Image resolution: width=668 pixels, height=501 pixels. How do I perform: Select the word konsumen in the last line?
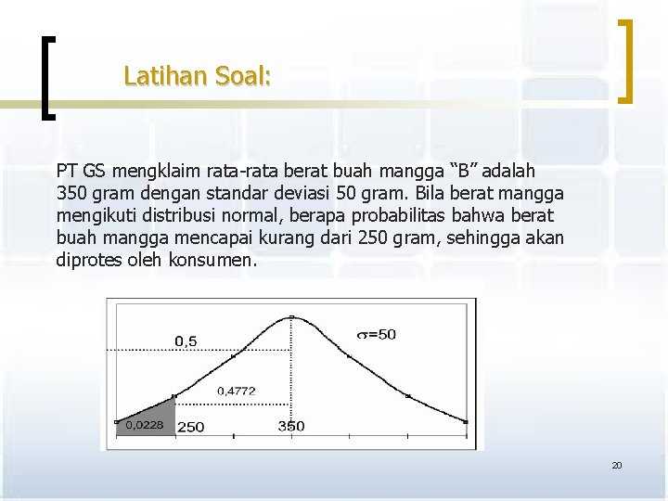[x=212, y=261]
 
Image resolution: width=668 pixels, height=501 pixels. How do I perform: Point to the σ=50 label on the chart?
[x=377, y=334]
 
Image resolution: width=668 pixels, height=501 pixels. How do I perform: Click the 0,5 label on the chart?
[x=186, y=341]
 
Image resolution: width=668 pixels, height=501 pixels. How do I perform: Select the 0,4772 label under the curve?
[x=237, y=391]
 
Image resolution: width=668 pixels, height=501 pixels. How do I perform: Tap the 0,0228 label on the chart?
[x=144, y=425]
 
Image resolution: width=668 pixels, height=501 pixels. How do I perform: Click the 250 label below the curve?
[x=191, y=427]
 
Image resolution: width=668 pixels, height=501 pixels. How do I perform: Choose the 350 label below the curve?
[x=291, y=426]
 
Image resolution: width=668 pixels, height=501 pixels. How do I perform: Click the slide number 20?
[x=616, y=465]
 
